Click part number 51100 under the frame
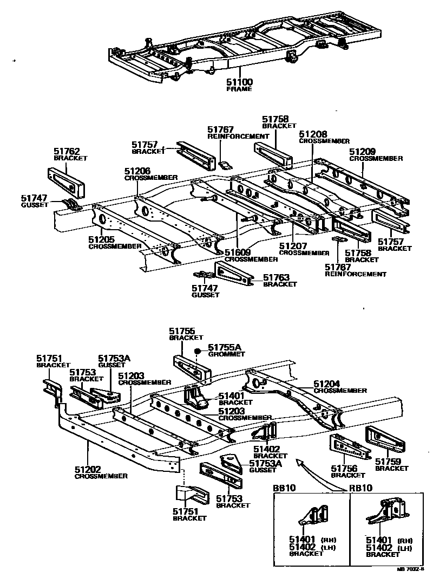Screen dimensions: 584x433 point(239,82)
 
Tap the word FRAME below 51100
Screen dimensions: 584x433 point(239,89)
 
